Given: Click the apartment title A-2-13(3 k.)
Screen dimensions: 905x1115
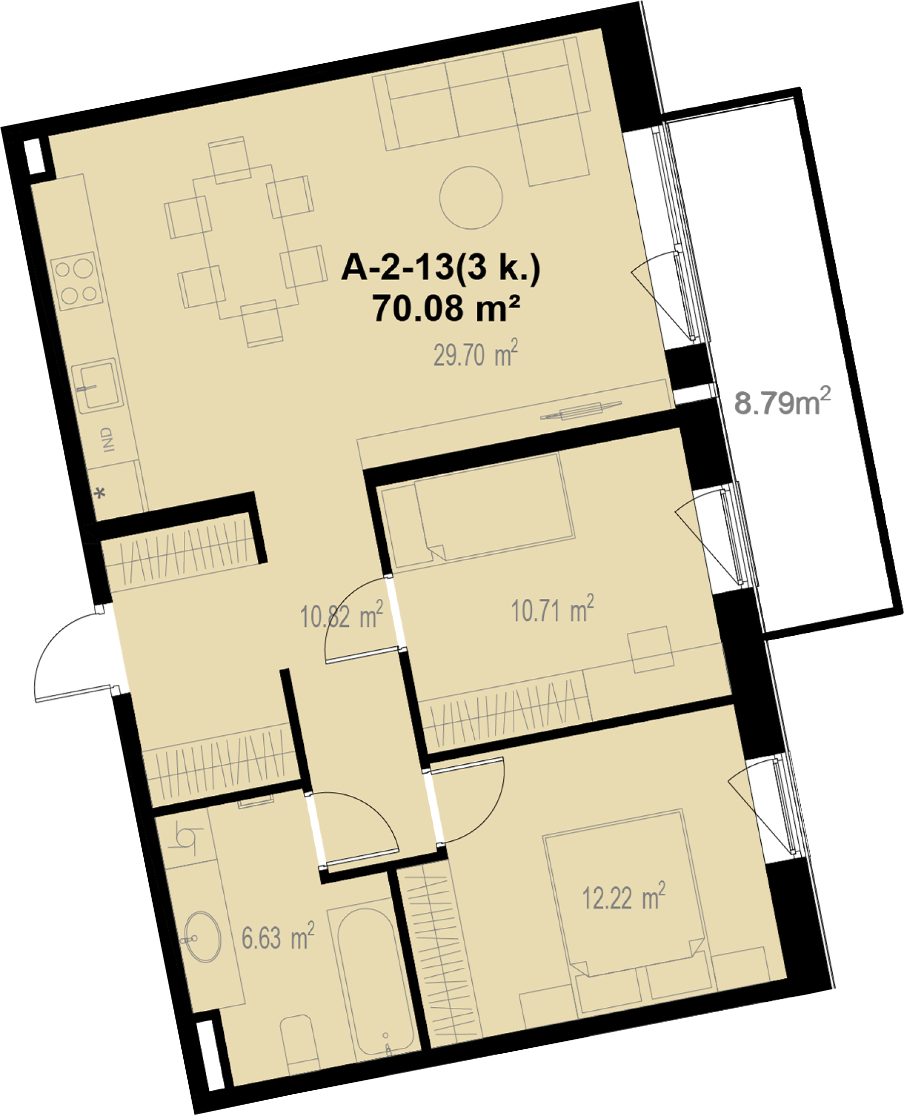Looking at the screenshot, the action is tap(441, 268).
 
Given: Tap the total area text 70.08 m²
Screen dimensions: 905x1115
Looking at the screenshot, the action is tap(446, 308).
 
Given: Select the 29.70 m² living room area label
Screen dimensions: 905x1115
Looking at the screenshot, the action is tap(476, 354).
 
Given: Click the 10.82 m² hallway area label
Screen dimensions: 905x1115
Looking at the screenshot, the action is tap(341, 615).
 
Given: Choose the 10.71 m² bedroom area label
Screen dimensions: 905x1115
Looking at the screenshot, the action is tap(552, 609).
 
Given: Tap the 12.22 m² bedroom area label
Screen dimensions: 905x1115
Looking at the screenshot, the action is tap(623, 897).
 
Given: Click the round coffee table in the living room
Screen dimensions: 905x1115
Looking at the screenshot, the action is tap(471, 198).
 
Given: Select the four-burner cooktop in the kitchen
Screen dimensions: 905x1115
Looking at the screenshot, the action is tap(77, 282).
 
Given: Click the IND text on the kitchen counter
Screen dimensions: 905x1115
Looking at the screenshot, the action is tap(107, 440).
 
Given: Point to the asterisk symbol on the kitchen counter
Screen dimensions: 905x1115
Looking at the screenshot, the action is tap(100, 493).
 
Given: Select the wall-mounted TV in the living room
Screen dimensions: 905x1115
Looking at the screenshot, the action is tap(581, 412).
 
